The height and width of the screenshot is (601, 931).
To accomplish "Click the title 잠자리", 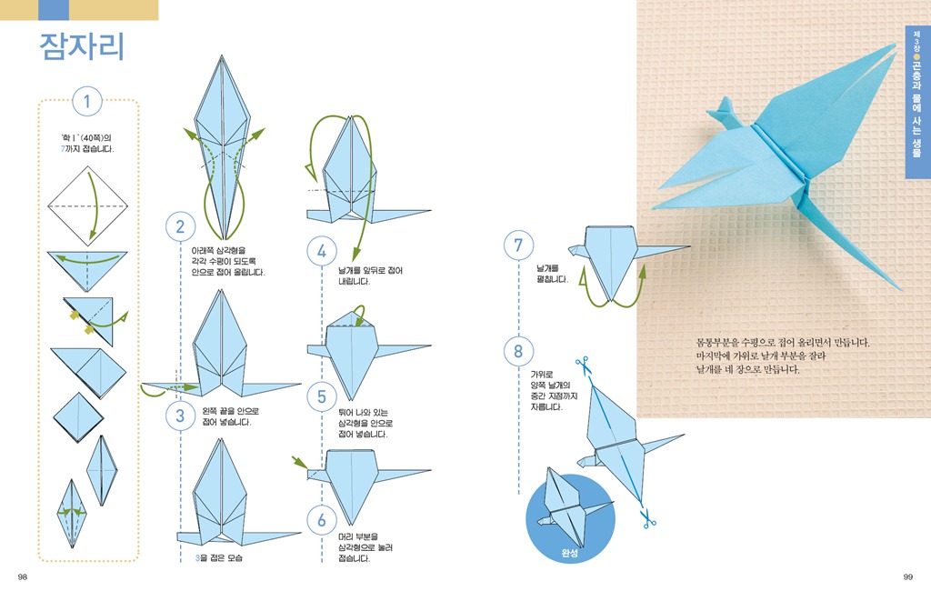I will pyautogui.click(x=81, y=47).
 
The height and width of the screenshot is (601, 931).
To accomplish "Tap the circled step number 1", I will pyautogui.click(x=87, y=102).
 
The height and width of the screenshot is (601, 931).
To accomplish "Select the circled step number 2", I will pyautogui.click(x=180, y=226).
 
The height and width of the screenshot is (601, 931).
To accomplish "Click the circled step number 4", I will pyautogui.click(x=322, y=250).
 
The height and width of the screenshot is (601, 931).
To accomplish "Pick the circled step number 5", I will pyautogui.click(x=322, y=396).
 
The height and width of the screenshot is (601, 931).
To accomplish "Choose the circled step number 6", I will pyautogui.click(x=322, y=520).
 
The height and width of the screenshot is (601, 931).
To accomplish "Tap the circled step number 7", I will pyautogui.click(x=518, y=245).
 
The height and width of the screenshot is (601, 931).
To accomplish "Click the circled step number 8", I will pyautogui.click(x=518, y=350).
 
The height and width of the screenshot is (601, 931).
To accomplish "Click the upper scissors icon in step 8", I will pyautogui.click(x=582, y=363).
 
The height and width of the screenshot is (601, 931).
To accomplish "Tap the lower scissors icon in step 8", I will pyautogui.click(x=647, y=519).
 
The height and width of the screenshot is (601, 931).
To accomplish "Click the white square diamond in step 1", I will pyautogui.click(x=88, y=205).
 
